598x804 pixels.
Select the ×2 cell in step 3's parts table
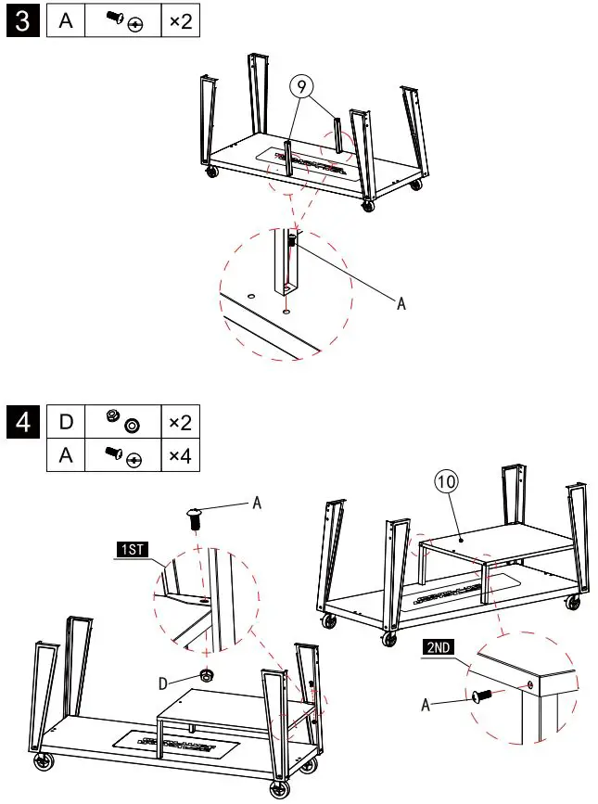[180, 21]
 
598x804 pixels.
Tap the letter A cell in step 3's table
[66, 21]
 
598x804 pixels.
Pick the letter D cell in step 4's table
[66, 423]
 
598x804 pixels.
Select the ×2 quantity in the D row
[180, 423]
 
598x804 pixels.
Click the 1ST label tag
[132, 551]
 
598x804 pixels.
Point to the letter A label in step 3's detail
[401, 304]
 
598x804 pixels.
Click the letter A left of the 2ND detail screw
[426, 704]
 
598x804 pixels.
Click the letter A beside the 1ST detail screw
[257, 502]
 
